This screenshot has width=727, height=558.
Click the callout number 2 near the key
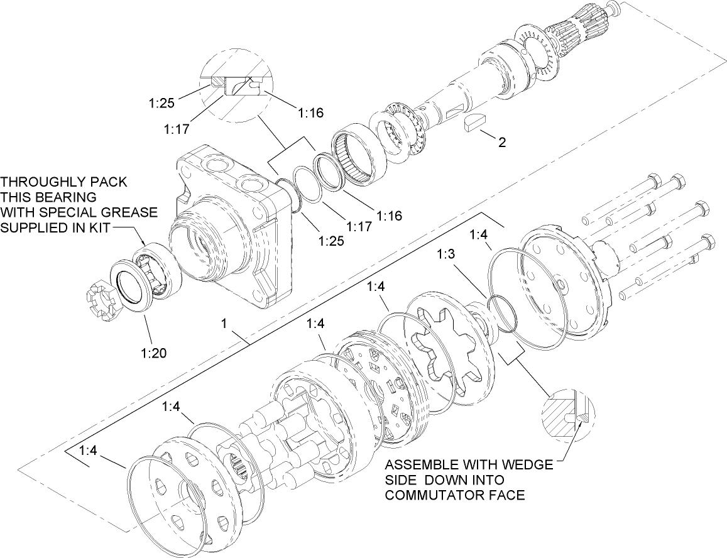click(x=501, y=142)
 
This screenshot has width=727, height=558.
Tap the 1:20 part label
click(x=154, y=353)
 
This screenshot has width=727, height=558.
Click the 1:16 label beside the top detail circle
click(x=310, y=112)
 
